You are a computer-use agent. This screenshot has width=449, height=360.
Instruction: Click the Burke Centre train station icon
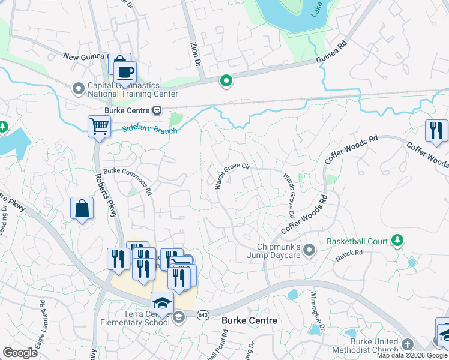[x=157, y=110]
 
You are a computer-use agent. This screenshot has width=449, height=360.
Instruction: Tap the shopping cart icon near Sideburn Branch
[x=99, y=127]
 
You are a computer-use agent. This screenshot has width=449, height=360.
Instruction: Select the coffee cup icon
[x=125, y=73]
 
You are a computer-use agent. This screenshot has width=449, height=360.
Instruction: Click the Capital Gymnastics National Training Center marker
[x=78, y=89]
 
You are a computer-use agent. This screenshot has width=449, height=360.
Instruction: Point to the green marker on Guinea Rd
[x=226, y=80]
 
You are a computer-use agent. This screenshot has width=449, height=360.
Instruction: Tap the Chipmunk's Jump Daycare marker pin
[x=309, y=249]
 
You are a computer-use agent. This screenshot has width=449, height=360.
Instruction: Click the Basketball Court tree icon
[x=396, y=241]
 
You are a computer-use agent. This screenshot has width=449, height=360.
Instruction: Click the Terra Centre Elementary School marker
[x=179, y=317]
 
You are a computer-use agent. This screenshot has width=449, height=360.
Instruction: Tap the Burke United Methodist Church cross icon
[x=408, y=344]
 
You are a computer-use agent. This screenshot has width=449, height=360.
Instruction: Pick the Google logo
[x=20, y=353]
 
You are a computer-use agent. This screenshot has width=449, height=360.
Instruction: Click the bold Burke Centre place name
[x=250, y=321]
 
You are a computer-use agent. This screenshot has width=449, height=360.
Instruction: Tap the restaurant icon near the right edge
[x=436, y=131]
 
